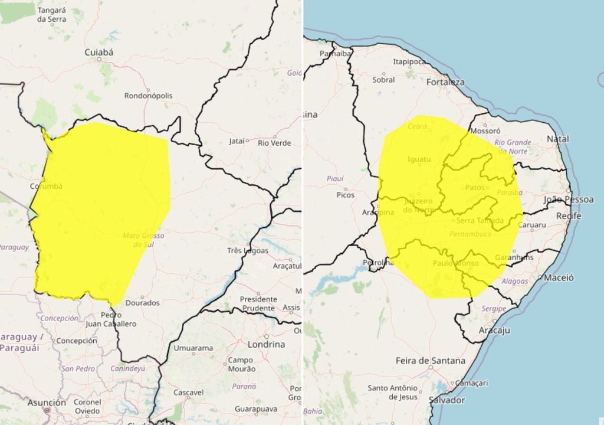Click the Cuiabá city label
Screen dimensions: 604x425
click(x=99, y=52)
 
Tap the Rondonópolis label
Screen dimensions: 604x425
click(x=148, y=95)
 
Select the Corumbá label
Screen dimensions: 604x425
click(x=45, y=186)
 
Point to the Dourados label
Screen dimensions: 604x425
click(x=142, y=303)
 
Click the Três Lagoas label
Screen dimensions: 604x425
click(x=247, y=250)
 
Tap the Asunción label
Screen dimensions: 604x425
click(x=47, y=403)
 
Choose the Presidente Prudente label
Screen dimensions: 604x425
click(x=258, y=303)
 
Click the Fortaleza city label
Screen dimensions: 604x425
click(x=445, y=82)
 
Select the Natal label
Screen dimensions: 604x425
click(x=557, y=139)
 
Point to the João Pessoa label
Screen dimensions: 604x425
click(x=569, y=200)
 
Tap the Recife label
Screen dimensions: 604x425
click(x=569, y=216)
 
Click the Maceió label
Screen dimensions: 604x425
click(x=559, y=277)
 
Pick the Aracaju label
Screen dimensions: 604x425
click(x=494, y=331)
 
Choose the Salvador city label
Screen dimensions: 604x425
click(x=447, y=400)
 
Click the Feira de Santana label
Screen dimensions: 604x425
click(x=430, y=360)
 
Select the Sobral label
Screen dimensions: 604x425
click(x=383, y=80)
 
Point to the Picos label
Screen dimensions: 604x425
click(x=345, y=194)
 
